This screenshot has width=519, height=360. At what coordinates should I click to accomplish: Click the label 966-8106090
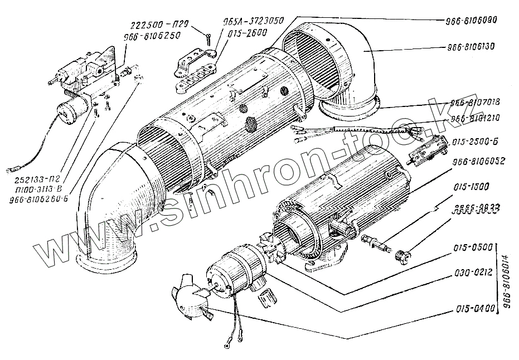point(471,19)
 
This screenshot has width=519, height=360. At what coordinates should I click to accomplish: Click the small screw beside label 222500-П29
point(206,38)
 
